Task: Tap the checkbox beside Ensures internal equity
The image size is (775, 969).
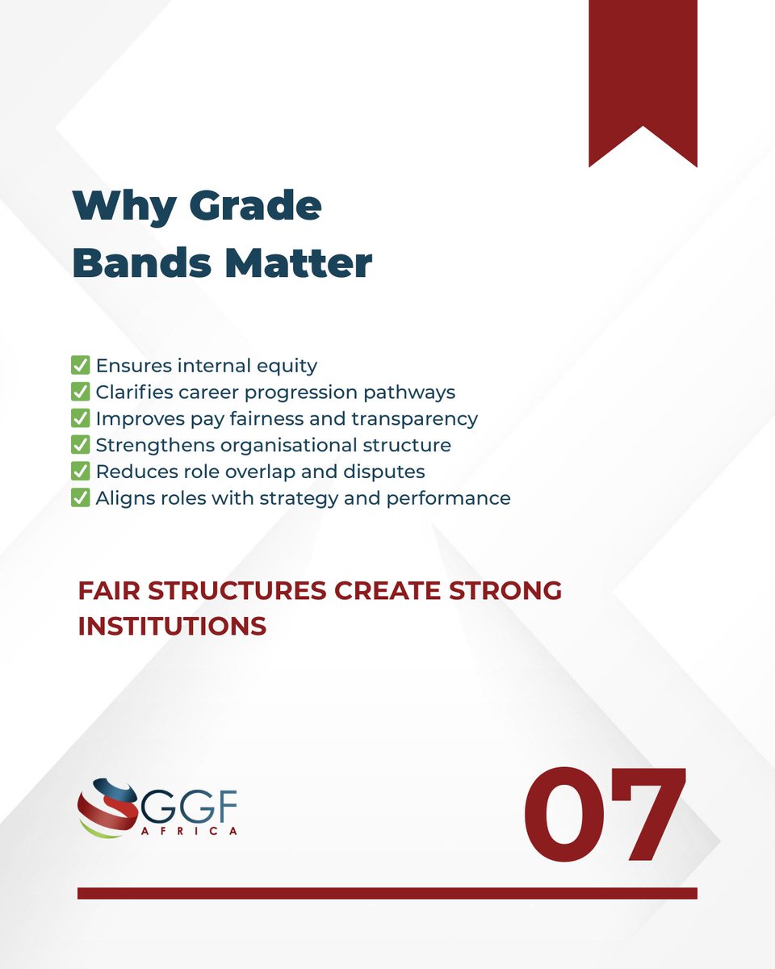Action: [80, 366]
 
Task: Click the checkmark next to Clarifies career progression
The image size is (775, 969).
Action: [80, 392]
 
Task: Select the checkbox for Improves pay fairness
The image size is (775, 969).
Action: [80, 419]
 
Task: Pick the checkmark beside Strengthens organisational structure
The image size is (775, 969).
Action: [80, 445]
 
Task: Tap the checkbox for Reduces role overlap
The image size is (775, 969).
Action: [80, 472]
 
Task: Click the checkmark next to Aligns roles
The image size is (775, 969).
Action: [80, 498]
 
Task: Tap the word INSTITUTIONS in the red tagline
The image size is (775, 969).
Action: [172, 627]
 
